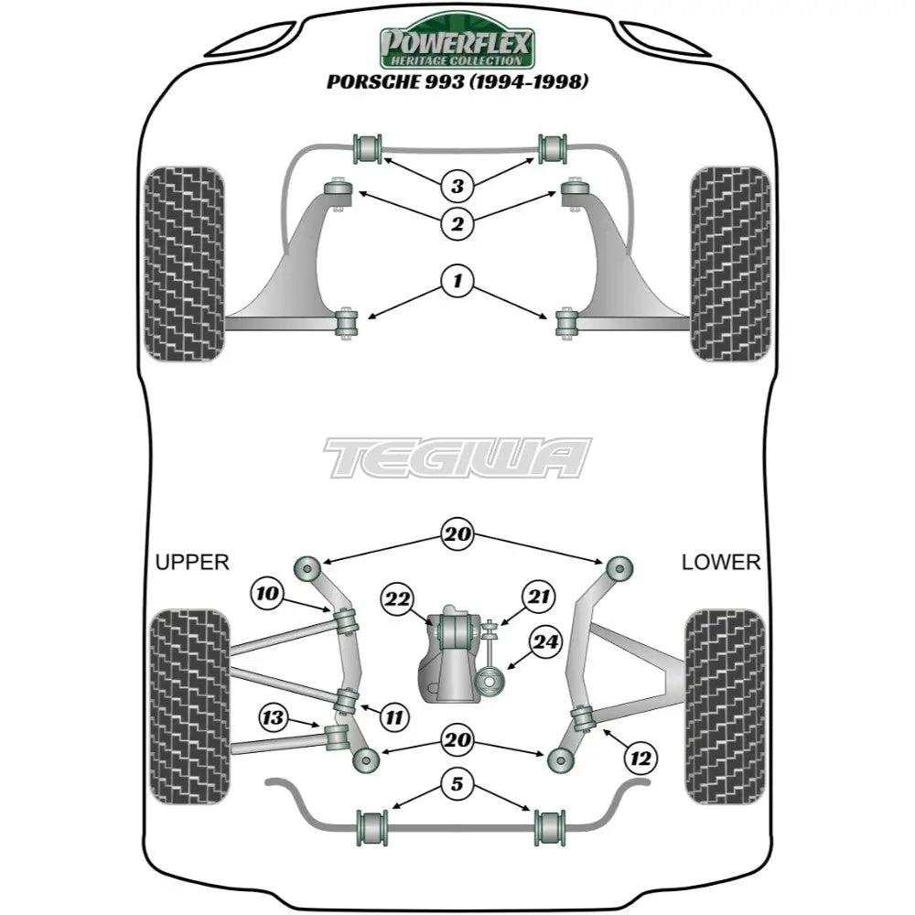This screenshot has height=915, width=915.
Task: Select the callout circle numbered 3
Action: point(457,187)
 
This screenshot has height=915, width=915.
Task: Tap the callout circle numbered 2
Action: point(457,221)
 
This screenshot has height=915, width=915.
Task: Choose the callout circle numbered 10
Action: point(267,594)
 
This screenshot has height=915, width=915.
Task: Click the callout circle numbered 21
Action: point(539,597)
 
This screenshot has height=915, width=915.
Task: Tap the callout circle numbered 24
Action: point(545,643)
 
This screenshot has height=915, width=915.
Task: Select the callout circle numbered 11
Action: point(393,717)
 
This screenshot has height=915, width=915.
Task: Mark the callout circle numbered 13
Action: point(272,718)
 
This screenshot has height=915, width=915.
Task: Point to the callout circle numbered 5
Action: point(457,783)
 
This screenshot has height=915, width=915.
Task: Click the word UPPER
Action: point(192,562)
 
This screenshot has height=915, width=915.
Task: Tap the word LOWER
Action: point(720,562)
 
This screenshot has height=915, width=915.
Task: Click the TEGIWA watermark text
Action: point(457,457)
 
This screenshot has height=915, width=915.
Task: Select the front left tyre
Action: point(185,264)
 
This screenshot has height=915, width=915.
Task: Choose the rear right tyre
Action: point(724,706)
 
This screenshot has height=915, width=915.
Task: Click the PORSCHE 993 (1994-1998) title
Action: point(457,81)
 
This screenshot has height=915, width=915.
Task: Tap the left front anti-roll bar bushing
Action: point(368,147)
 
